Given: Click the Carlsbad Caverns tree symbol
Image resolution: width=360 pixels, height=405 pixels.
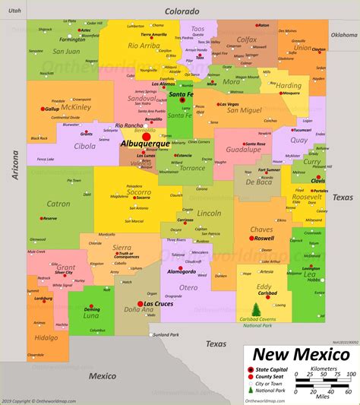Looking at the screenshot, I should [x=256, y=308].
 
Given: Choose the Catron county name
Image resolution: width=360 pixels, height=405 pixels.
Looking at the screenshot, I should [x=58, y=204].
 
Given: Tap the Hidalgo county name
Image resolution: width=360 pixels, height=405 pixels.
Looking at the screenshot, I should [x=46, y=337].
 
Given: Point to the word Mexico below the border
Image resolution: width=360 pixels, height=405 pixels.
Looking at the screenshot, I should [x=102, y=375].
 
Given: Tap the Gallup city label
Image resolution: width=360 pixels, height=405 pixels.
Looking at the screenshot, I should [x=51, y=109].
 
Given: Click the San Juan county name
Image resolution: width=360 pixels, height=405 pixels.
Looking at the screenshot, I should [x=66, y=52].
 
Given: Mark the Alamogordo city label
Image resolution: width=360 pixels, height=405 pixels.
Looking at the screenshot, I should [x=182, y=271].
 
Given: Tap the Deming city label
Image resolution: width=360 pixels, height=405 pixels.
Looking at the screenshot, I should [x=92, y=309].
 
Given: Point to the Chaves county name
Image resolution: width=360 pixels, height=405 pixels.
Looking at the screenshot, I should [x=261, y=229].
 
